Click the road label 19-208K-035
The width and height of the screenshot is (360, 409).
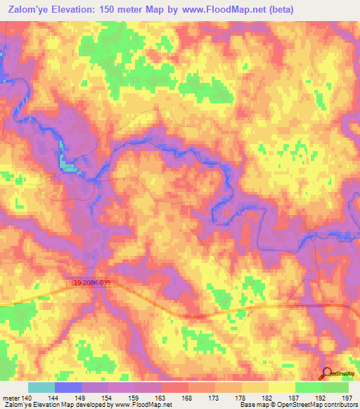click(x=92, y=282)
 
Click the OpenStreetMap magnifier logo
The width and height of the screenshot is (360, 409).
click(x=327, y=374)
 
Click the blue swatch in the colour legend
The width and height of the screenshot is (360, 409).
click(x=68, y=387)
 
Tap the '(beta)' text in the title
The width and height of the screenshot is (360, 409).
click(x=276, y=10)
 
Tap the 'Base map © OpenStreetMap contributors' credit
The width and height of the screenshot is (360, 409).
click(x=298, y=405)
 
